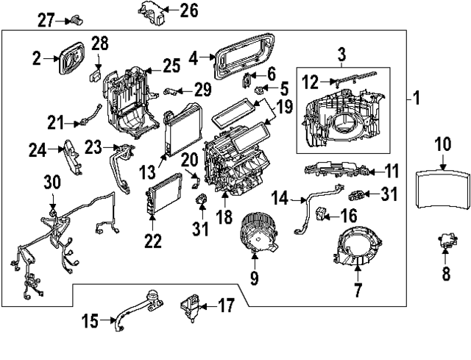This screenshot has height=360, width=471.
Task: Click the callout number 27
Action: tap(46, 20)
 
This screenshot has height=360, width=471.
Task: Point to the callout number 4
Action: tap(194, 57)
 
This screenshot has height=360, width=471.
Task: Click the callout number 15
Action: tap(89, 321)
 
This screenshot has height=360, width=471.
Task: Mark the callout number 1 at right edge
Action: tap(417, 97)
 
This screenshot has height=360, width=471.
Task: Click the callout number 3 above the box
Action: tap(341, 54)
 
